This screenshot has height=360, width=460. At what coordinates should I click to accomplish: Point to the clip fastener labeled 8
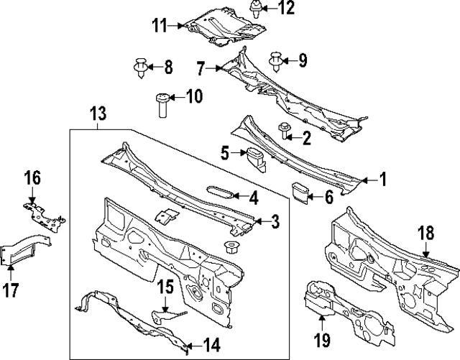coord(142,68)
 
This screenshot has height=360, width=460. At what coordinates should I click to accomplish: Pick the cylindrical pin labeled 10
coord(162,105)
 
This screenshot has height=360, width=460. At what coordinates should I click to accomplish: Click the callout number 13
coord(98,113)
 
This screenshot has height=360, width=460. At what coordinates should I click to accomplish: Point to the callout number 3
coord(275,223)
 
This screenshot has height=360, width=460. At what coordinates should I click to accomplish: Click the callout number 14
coord(211,345)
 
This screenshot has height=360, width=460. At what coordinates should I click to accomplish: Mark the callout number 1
coord(383,180)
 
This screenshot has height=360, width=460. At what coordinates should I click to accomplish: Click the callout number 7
coord(201,69)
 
